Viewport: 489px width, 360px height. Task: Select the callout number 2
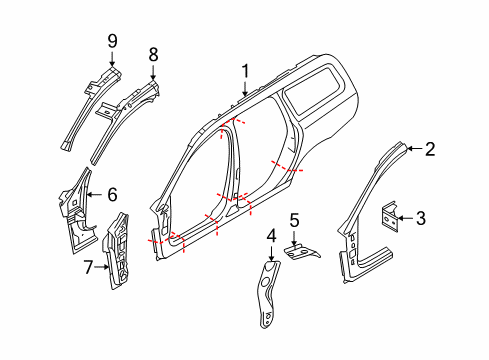click(429, 150)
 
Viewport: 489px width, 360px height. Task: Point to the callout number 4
click(271, 235)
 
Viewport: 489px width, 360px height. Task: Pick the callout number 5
click(294, 219)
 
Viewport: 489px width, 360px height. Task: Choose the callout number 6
click(112, 196)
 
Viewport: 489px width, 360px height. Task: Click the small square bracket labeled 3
click(387, 217)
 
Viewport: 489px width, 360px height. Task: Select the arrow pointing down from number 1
click(243, 86)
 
